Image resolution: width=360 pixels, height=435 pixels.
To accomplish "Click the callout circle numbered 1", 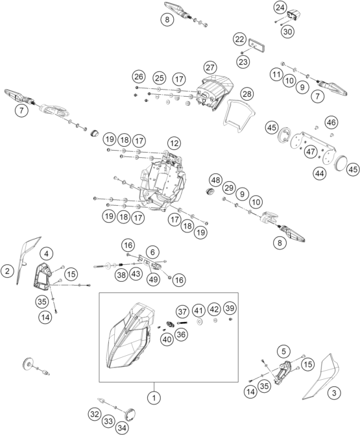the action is pyautogui.click(x=154, y=398).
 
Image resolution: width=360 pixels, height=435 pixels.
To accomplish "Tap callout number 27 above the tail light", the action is pyautogui.click(x=210, y=68).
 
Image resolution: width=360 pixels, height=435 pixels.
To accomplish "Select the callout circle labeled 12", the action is pyautogui.click(x=174, y=143).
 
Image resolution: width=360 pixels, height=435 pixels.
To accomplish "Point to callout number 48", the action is pyautogui.click(x=215, y=180).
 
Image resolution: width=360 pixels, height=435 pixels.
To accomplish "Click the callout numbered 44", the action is pyautogui.click(x=320, y=173).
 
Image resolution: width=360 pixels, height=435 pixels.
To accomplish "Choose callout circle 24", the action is pyautogui.click(x=280, y=8).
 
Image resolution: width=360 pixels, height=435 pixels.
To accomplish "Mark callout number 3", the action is pyautogui.click(x=334, y=393).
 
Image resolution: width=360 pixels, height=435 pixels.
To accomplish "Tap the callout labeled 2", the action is pyautogui.click(x=8, y=271).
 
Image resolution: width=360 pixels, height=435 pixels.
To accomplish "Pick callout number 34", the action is pyautogui.click(x=122, y=428).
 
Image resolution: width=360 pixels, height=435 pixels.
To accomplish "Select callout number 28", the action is pyautogui.click(x=246, y=94).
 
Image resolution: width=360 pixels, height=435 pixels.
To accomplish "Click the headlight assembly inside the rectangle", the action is pyautogui.click(x=130, y=336).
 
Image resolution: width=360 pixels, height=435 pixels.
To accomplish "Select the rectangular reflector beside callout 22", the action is pyautogui.click(x=257, y=45).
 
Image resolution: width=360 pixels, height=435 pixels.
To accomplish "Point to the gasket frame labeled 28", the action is pyautogui.click(x=239, y=116).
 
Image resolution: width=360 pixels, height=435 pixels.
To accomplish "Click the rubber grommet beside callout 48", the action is pyautogui.click(x=210, y=192).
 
